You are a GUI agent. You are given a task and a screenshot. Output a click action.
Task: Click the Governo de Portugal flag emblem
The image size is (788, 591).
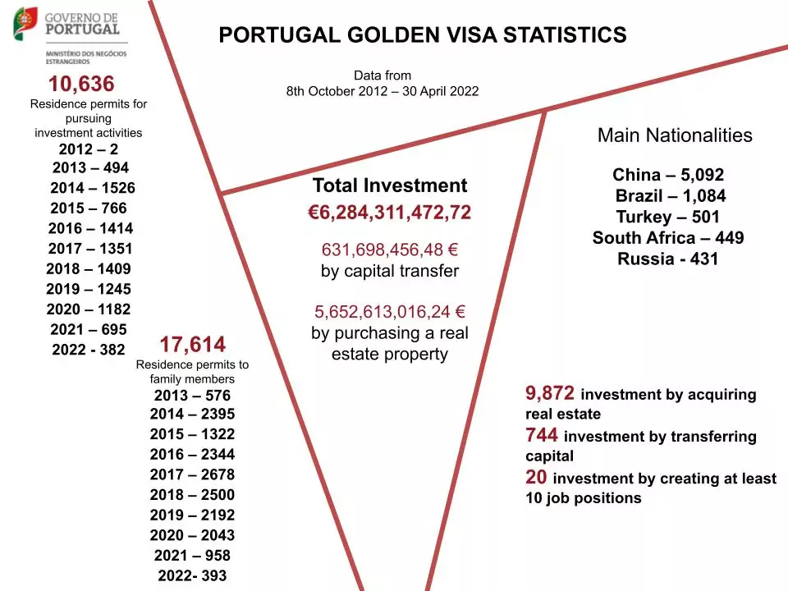click(25, 23)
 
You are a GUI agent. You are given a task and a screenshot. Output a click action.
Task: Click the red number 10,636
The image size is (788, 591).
click(81, 84)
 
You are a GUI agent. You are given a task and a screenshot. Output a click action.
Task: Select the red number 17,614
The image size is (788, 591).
click(193, 345)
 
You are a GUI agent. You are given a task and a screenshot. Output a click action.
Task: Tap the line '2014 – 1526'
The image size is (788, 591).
click(92, 188)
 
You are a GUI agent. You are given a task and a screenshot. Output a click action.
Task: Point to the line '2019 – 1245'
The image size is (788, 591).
click(89, 289)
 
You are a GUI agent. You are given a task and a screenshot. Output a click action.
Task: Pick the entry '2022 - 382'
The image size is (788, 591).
click(89, 350)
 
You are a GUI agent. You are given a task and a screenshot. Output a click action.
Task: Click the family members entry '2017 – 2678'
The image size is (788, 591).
click(192, 474)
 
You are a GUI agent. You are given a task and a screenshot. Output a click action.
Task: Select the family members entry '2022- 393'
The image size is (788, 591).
click(192, 575)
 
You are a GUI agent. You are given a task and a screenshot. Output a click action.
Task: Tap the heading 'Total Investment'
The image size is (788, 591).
click(390, 186)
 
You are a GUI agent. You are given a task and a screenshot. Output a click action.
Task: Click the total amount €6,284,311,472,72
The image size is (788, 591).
click(390, 213)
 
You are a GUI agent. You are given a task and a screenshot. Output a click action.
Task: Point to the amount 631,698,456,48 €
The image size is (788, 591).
click(390, 250)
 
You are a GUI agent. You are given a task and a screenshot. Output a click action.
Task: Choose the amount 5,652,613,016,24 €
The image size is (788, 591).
click(390, 312)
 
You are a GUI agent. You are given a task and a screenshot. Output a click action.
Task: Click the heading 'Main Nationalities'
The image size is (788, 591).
click(675, 135)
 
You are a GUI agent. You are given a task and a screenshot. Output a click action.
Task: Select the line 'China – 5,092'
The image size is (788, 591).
click(668, 175)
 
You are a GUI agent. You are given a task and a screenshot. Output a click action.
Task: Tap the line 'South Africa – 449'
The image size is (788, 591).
click(668, 238)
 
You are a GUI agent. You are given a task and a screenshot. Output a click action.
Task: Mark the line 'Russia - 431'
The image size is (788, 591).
click(668, 259)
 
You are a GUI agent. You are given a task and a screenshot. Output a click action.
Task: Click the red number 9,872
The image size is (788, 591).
click(550, 393)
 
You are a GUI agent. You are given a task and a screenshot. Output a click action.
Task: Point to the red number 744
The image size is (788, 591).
click(543, 435)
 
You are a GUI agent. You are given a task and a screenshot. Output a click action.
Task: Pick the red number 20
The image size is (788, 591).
click(536, 477)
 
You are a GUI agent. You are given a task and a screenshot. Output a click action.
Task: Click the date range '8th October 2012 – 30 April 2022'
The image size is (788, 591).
click(383, 91)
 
